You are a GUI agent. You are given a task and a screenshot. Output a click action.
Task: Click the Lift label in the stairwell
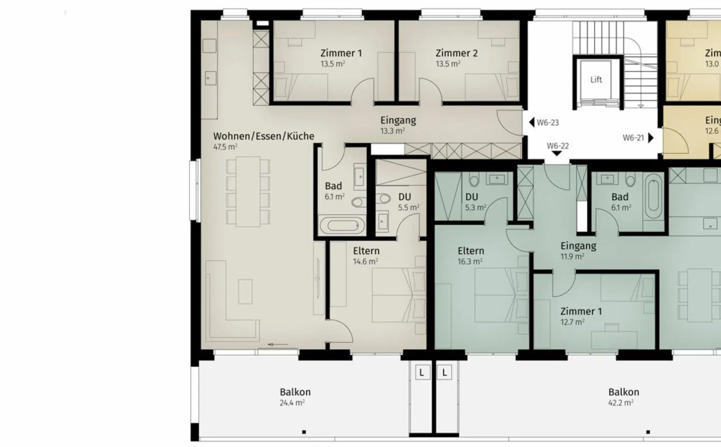(x=596, y=80)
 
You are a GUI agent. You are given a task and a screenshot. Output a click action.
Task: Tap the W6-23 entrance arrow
(x=532, y=122)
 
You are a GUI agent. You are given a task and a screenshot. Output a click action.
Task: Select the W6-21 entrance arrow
(x=651, y=137)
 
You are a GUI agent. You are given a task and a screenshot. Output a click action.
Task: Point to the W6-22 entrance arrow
(x=557, y=154)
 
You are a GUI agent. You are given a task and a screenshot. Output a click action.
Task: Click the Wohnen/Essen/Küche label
(x=263, y=136)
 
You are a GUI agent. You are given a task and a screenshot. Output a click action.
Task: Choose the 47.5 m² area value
(x=225, y=147)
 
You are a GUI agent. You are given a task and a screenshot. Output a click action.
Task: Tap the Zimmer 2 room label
(x=456, y=53)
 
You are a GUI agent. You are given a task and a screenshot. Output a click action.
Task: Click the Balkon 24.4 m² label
(x=295, y=392)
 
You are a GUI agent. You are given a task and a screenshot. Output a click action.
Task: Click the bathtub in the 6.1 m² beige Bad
(x=341, y=226)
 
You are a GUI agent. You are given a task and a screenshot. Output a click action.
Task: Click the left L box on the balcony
(x=422, y=372)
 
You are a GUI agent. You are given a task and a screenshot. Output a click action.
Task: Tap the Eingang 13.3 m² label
(x=398, y=120)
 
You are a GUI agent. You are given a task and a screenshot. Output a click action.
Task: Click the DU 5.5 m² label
(x=405, y=197)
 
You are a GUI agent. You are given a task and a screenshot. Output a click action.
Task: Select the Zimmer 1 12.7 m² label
(x=581, y=311)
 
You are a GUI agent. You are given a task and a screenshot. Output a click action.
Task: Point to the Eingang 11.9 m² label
(x=578, y=246)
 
